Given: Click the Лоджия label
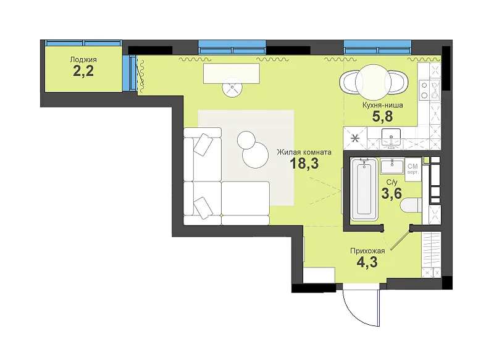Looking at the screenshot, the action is click(83, 59).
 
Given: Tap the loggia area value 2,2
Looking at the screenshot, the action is click(83, 71).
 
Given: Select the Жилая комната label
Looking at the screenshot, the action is click(304, 153).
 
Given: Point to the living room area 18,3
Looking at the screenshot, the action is click(304, 164).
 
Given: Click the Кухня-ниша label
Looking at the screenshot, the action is click(382, 105).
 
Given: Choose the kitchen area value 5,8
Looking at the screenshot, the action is click(382, 117).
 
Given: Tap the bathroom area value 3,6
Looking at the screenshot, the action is click(391, 193).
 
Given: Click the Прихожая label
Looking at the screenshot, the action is click(367, 251).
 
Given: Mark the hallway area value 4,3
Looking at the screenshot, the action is click(367, 262).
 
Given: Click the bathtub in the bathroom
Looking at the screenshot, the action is click(364, 190).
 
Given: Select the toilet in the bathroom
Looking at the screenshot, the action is click(411, 205).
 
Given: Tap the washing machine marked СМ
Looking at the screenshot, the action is click(413, 170).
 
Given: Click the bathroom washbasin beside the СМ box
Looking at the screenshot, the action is click(392, 167).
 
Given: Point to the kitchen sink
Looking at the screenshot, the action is click(391, 137).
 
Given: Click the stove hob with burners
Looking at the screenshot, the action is click(429, 90).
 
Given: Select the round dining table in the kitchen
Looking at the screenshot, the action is click(374, 82).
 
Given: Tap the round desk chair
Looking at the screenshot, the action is click(232, 87).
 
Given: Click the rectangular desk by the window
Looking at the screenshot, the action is click(232, 73).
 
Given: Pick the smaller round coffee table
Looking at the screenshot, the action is click(246, 140).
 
